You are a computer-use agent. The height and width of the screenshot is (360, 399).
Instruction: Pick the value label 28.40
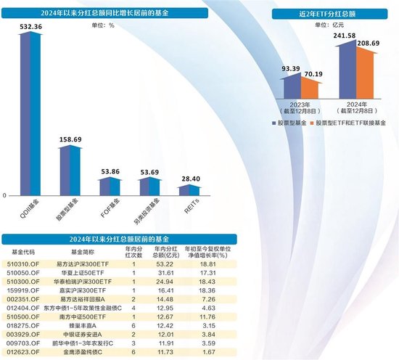pos(189,178)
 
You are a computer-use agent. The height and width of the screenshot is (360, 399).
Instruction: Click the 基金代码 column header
pos(23,251)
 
